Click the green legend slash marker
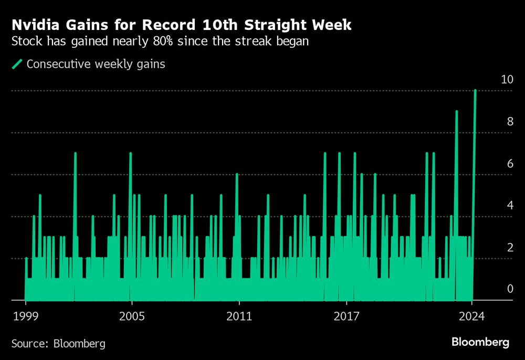[x=17, y=64]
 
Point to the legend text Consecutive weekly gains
[x=96, y=64]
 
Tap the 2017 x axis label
[x=346, y=316]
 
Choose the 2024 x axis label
[x=471, y=316]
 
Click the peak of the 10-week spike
[x=475, y=91]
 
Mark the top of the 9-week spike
[x=456, y=112]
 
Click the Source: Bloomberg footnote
[x=58, y=344]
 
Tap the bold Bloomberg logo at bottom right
[x=480, y=342]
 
